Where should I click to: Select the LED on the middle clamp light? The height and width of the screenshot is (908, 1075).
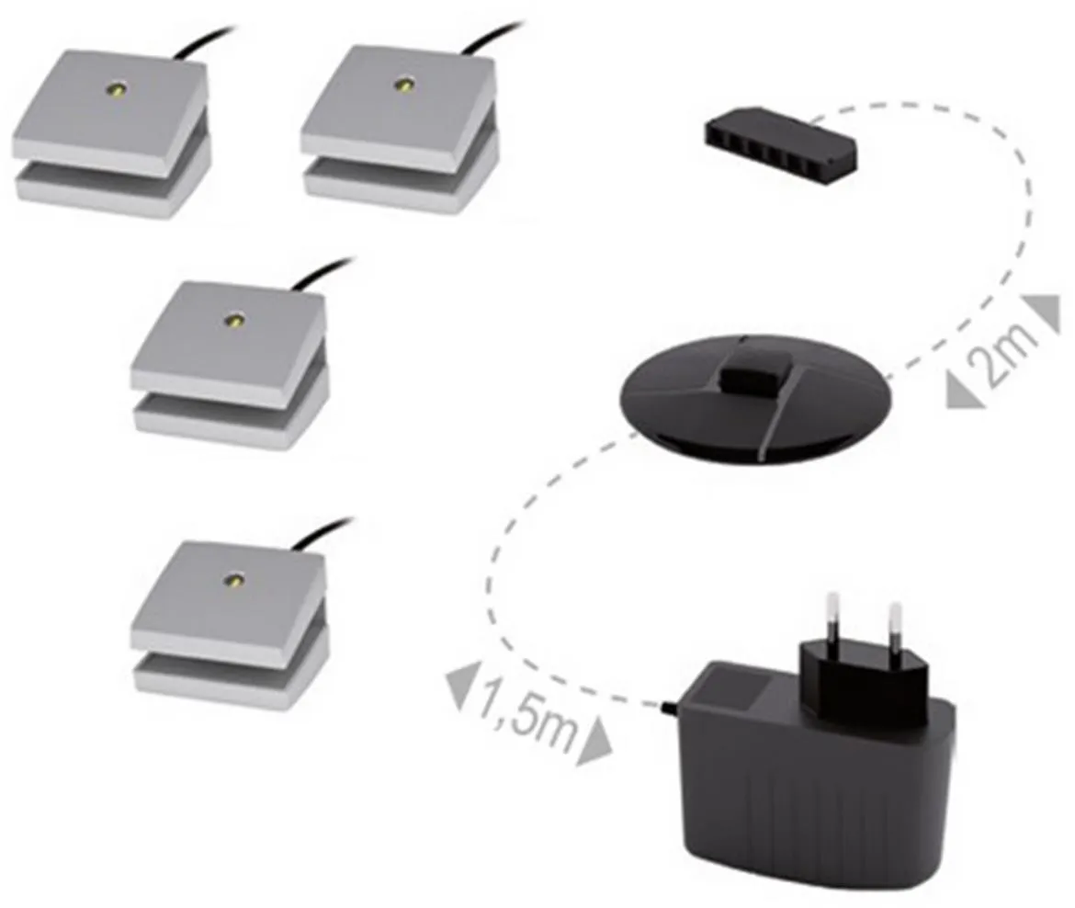(x=236, y=320)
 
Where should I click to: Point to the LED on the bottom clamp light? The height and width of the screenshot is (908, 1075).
(x=234, y=580)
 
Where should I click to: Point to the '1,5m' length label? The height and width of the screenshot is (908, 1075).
(x=526, y=714)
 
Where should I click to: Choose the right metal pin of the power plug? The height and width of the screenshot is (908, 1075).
(x=894, y=626)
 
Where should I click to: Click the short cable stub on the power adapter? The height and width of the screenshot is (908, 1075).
(x=669, y=707)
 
